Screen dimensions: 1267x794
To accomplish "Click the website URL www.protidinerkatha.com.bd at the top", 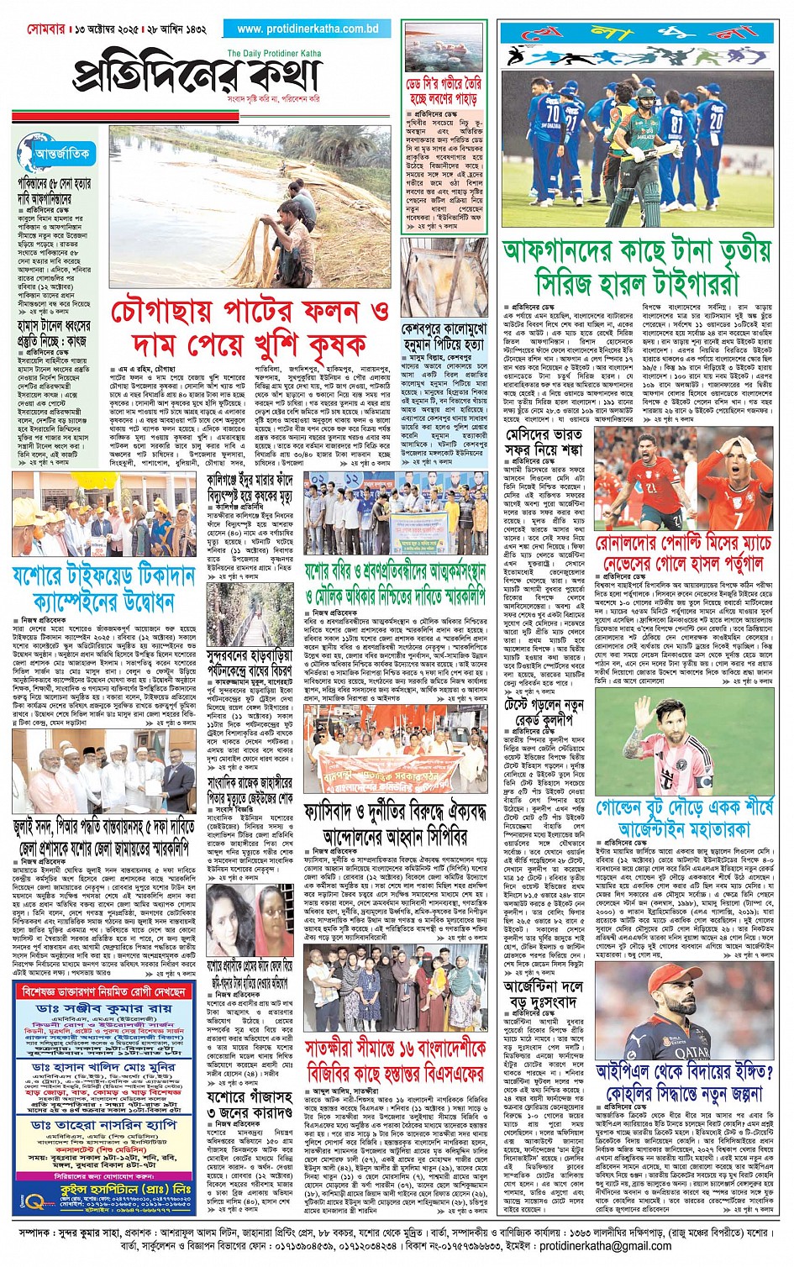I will pos(308,29).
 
